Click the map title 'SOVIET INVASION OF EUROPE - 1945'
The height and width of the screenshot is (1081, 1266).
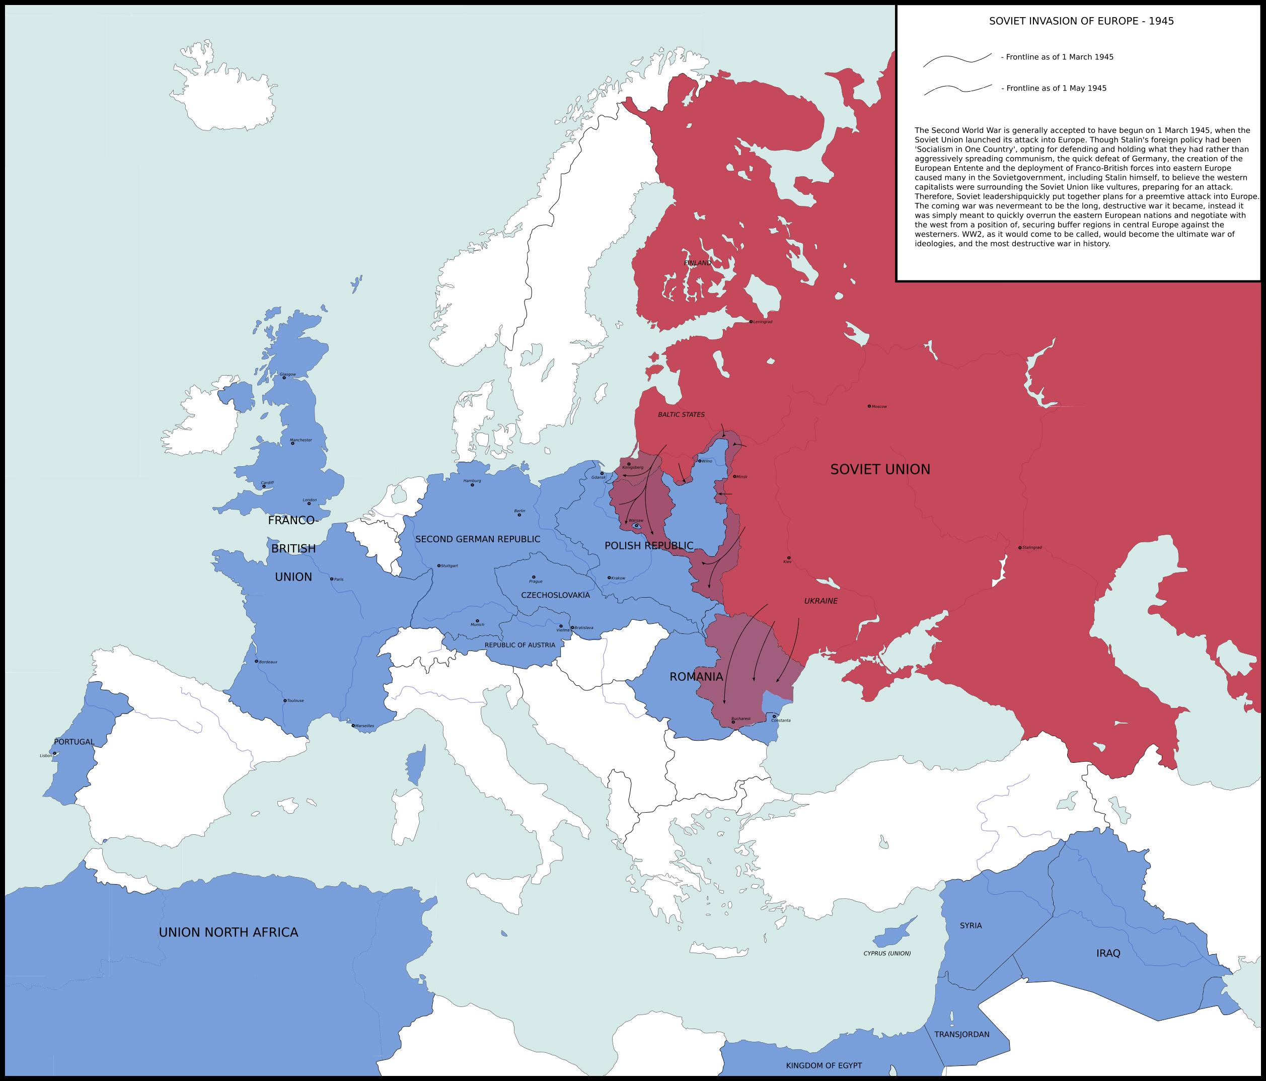(x=1081, y=21)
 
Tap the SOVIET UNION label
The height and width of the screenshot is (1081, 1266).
(x=880, y=469)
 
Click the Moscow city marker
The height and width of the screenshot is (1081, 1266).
(x=869, y=406)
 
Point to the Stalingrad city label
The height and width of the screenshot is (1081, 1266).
(x=1032, y=547)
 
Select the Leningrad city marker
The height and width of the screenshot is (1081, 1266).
(x=751, y=321)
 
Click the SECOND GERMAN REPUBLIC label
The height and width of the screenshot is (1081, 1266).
(x=478, y=539)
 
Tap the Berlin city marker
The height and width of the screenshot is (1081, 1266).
(x=519, y=515)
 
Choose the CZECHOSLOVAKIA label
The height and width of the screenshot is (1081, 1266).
(x=555, y=595)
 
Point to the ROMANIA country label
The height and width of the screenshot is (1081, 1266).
(x=696, y=677)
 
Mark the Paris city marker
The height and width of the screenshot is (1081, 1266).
(x=332, y=579)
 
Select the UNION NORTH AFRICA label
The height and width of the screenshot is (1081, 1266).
(x=229, y=932)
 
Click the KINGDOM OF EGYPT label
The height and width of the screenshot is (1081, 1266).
(x=824, y=1066)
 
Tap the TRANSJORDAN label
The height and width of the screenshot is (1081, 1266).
(x=962, y=1035)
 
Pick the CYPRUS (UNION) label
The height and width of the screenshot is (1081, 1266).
(x=886, y=953)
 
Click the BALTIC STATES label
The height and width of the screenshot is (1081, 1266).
(x=681, y=414)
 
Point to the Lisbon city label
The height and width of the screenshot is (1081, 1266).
(x=46, y=756)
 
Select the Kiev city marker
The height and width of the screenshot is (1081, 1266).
(x=789, y=557)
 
